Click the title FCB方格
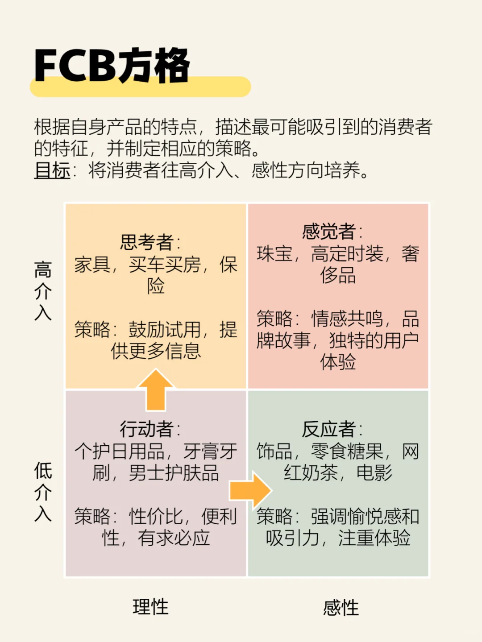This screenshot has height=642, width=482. [112, 66]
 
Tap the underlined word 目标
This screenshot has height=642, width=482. [52, 170]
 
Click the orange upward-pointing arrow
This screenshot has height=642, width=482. [156, 389]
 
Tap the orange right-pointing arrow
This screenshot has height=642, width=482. [250, 490]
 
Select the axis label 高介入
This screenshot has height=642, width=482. [43, 291]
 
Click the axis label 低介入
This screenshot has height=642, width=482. [43, 492]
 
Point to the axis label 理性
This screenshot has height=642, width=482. [150, 607]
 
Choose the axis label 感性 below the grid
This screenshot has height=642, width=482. [341, 608]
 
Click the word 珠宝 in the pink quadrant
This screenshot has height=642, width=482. [274, 254]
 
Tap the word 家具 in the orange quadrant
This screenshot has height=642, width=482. [92, 265]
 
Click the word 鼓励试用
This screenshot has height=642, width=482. [165, 330]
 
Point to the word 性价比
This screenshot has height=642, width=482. [156, 517]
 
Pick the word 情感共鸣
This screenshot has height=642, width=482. [347, 319]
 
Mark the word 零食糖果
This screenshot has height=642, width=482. [347, 451]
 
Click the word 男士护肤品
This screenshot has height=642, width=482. [174, 473]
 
